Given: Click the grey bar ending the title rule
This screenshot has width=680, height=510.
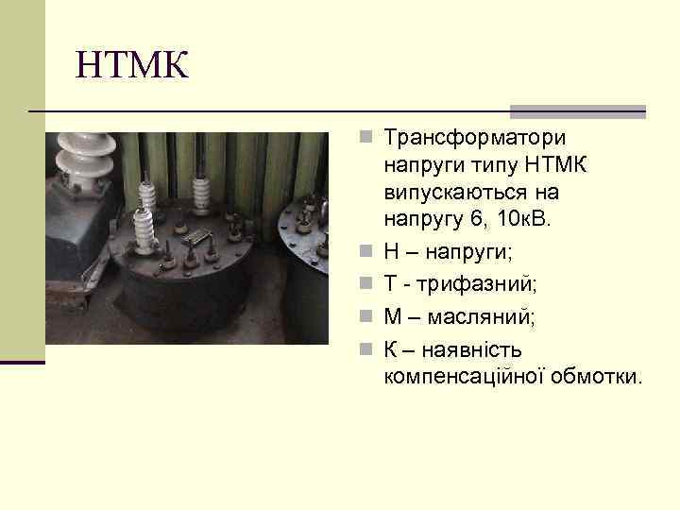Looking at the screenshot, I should pyautogui.click(x=577, y=110).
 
